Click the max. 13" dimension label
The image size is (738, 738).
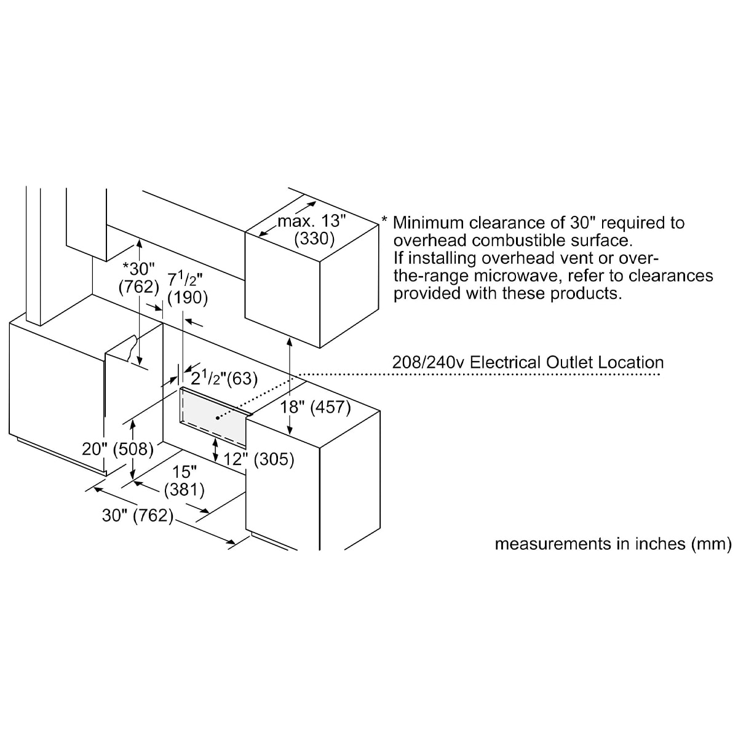[x=312, y=221]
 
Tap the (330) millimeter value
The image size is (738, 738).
[x=314, y=239]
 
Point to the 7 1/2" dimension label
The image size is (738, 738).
[x=184, y=279]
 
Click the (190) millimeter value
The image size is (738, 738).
[x=188, y=298]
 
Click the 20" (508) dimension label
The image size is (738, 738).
[x=118, y=449]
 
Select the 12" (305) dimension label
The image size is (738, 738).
[x=259, y=459]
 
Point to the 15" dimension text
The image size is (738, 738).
[x=184, y=472]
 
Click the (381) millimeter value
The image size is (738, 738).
[x=184, y=490]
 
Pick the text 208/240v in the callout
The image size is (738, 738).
[x=428, y=362]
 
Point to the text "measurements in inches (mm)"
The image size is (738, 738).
[x=613, y=544]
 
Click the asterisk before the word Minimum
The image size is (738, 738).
[x=384, y=220]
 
